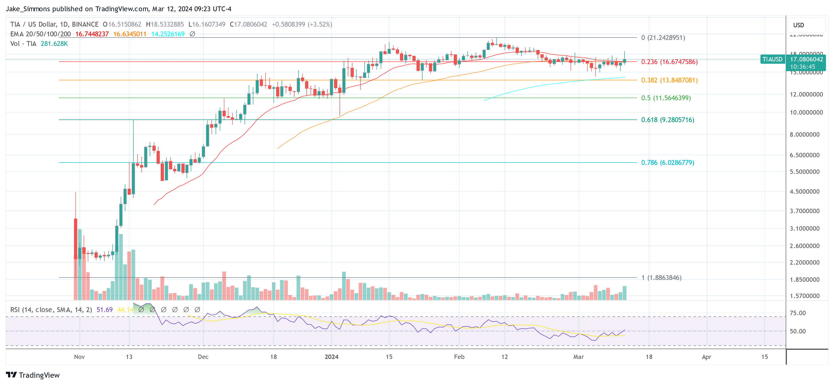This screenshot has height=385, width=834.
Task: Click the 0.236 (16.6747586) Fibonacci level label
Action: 669,62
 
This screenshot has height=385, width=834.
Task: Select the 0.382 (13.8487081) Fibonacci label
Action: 669,80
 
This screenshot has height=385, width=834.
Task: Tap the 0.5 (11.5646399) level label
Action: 666,98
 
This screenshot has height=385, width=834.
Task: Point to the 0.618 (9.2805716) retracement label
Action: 667,120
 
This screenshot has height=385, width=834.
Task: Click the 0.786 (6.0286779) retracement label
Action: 667,162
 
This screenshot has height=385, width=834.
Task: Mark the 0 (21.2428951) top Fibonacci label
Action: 663,38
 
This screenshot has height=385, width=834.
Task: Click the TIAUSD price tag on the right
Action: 772,59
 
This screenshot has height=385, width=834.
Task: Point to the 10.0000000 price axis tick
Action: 806,113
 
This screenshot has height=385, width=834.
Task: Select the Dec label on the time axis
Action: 203,357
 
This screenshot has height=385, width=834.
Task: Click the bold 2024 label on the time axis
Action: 331,357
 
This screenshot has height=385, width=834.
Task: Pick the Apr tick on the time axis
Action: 706,357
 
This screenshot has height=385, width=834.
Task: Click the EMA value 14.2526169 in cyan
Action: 168,34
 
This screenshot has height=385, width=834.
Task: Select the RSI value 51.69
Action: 105,310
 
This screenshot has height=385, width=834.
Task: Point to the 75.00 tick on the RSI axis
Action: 798,313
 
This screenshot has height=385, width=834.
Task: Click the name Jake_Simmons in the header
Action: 28,9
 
